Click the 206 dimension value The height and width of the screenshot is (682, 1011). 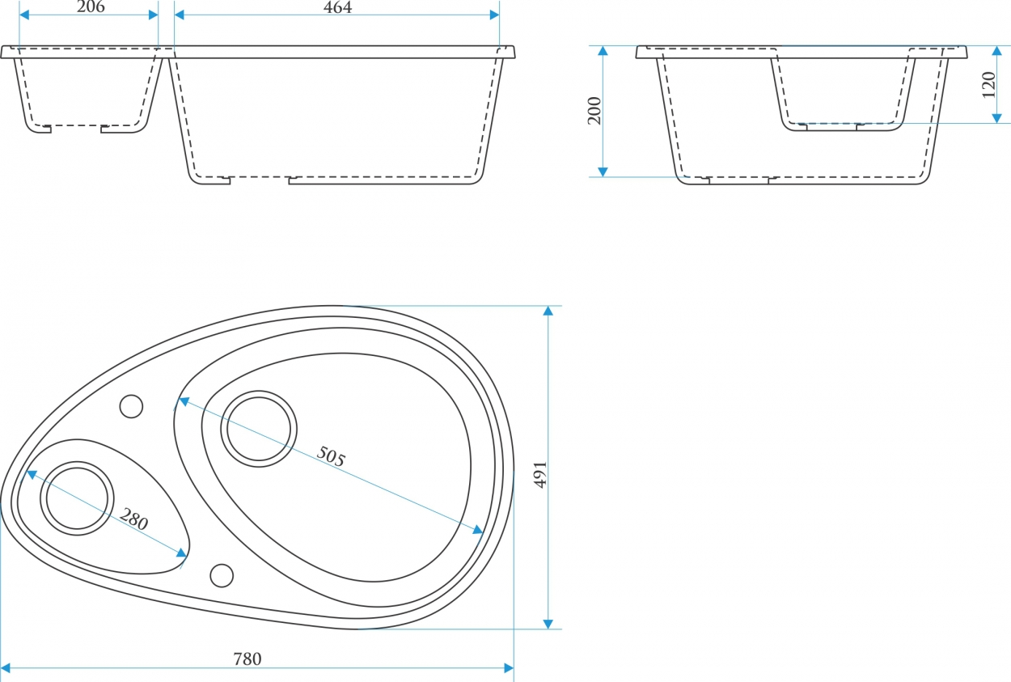91,6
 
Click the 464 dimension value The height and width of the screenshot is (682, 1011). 337,6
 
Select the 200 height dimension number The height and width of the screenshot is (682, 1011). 594,111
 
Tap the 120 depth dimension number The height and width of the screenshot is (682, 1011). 988,84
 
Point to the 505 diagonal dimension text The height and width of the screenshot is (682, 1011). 331,456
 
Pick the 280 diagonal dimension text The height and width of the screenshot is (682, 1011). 134,519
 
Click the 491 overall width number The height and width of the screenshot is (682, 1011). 540,474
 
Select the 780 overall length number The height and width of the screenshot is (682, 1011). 247,659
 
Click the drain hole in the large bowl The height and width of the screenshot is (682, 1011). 259,429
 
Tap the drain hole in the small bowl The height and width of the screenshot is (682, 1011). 77,498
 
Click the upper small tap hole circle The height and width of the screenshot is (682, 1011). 131,406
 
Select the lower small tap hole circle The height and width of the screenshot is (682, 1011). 222,575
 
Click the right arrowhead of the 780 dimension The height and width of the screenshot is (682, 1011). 509,668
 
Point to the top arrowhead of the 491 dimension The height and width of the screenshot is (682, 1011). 548,311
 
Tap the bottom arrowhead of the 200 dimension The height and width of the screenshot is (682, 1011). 603,172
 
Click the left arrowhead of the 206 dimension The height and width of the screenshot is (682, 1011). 24,15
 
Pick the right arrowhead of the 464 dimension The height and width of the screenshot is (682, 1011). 494,15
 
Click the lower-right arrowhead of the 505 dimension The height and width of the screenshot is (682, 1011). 478,530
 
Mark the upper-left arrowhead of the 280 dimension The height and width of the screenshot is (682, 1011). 32,474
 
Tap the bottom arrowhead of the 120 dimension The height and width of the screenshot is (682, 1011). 997,118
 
